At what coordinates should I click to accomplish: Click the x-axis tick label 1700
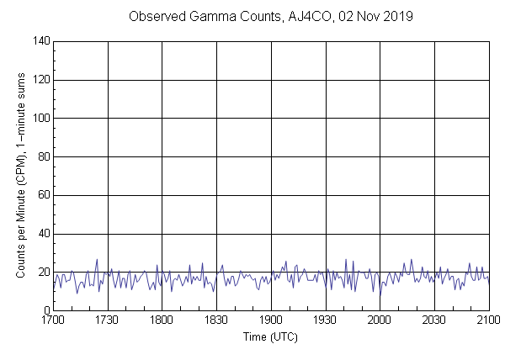[x=53, y=320]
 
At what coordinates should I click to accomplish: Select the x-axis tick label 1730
[x=108, y=320]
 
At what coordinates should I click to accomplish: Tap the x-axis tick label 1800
[x=162, y=320]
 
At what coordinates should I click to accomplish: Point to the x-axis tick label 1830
[x=216, y=320]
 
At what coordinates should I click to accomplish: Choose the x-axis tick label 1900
[x=271, y=320]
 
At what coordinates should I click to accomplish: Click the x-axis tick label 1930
[x=325, y=320]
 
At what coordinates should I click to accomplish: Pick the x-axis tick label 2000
[x=380, y=320]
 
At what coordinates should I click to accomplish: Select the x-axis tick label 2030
[x=434, y=320]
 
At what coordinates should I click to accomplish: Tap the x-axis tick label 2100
[x=488, y=320]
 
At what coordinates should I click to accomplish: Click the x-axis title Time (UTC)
[x=270, y=336]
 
